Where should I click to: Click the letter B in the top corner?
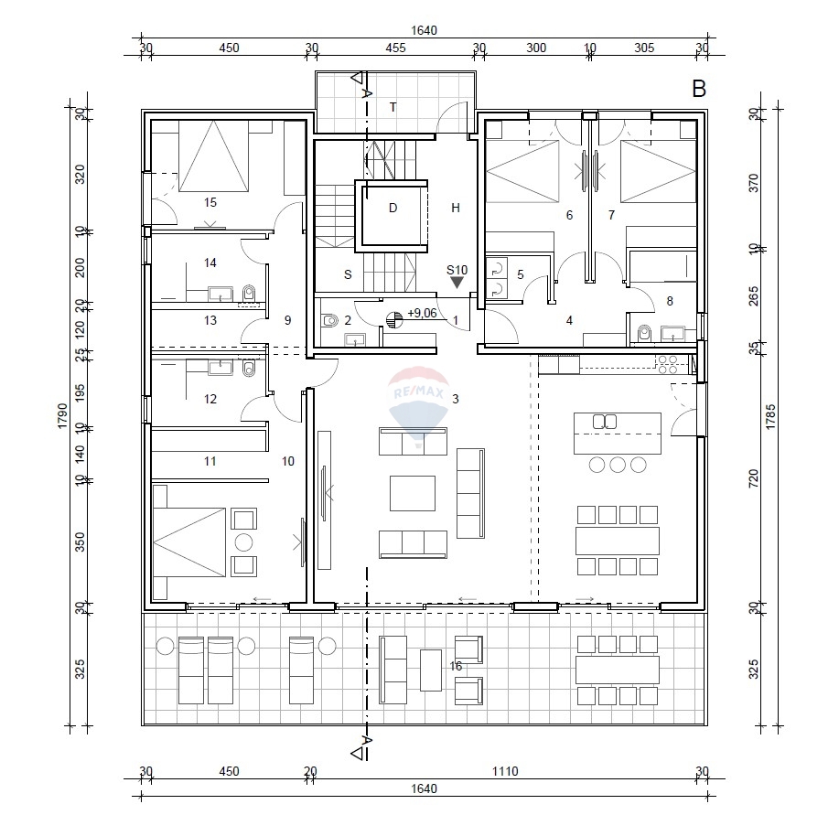click(699, 89)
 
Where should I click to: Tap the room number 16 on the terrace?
click(456, 667)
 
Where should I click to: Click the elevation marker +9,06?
click(421, 313)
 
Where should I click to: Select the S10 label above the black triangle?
click(457, 270)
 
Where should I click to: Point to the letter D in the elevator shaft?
click(393, 208)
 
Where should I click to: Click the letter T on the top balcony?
click(393, 107)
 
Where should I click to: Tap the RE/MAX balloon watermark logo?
click(418, 403)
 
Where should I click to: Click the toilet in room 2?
click(329, 321)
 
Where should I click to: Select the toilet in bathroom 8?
click(644, 332)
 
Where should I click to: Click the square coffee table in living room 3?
click(414, 492)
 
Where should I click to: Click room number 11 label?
click(210, 462)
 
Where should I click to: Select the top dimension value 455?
click(395, 48)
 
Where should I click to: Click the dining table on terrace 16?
click(617, 670)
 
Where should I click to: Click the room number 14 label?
click(210, 263)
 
